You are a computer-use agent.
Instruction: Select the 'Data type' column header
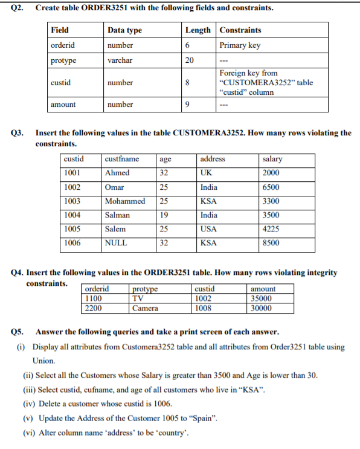pyautogui.click(x=124, y=30)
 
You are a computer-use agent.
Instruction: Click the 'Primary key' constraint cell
pyautogui.click(x=240, y=45)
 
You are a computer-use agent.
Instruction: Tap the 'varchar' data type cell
pyautogui.click(x=120, y=60)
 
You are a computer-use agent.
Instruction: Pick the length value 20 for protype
pyautogui.click(x=189, y=60)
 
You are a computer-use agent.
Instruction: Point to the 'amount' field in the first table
pyautogui.click(x=63, y=105)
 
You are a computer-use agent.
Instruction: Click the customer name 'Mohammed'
pyautogui.click(x=125, y=201)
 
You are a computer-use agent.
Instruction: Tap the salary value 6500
pyautogui.click(x=271, y=187)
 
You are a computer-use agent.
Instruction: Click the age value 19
pyautogui.click(x=164, y=215)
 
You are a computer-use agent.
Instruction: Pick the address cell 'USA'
pyautogui.click(x=208, y=229)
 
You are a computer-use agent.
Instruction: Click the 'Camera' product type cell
pyautogui.click(x=145, y=308)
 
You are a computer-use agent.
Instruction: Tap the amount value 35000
pyautogui.click(x=262, y=299)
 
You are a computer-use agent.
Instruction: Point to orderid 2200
pyautogui.click(x=94, y=308)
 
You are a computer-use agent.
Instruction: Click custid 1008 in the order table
pyautogui.click(x=204, y=308)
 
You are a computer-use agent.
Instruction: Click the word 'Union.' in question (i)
pyautogui.click(x=43, y=361)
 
